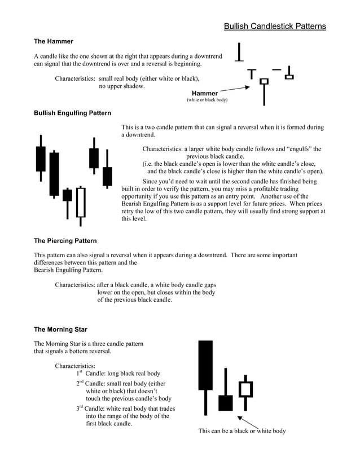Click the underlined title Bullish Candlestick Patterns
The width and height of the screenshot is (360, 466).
(274, 26)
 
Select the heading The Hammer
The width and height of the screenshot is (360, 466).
(54, 41)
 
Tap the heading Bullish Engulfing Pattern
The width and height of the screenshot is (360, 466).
(72, 113)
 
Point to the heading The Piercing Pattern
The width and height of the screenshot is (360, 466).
(65, 241)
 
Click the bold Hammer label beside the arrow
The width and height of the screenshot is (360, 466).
(204, 93)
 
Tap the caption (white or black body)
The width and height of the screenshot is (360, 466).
(207, 100)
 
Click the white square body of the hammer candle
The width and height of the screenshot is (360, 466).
(264, 82)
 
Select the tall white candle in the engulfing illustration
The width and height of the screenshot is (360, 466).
(81, 203)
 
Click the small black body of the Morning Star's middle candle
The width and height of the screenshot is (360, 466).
(226, 403)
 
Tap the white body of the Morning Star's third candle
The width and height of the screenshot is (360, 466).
(245, 389)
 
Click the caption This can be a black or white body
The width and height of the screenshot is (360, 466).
(242, 431)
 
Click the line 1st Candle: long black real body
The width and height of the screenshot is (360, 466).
(118, 373)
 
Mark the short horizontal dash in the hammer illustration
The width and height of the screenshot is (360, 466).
(276, 69)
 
